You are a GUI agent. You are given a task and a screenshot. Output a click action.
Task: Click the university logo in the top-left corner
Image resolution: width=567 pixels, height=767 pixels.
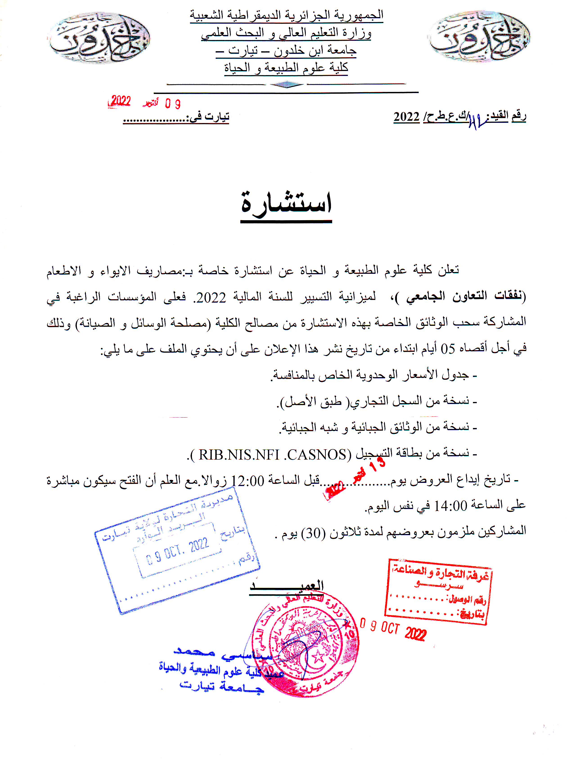pyautogui.click(x=99, y=38)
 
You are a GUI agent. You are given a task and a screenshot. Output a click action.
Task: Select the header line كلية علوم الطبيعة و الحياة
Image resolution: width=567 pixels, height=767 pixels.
pyautogui.click(x=286, y=67)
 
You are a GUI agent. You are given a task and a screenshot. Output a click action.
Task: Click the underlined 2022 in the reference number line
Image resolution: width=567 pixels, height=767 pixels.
pyautogui.click(x=406, y=117)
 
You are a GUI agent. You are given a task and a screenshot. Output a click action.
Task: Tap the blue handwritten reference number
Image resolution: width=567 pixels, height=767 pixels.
pyautogui.click(x=478, y=121)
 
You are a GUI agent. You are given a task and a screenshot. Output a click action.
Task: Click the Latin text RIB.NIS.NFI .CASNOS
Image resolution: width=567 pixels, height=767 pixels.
pyautogui.click(x=273, y=455)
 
